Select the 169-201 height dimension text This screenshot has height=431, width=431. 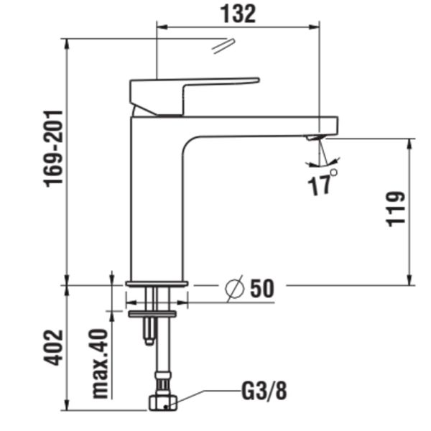click(x=54, y=149)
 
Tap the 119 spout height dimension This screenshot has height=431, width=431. click(x=396, y=208)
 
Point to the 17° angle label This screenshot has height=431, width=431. click(x=323, y=184)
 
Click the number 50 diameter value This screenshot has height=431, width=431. click(x=262, y=289)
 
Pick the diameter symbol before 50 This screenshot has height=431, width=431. click(x=235, y=288)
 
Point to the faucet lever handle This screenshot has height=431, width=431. click(x=194, y=90)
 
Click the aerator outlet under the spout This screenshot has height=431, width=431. click(x=314, y=137)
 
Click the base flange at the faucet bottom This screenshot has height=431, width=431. click(x=157, y=284)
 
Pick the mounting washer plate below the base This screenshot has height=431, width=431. click(x=152, y=313)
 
